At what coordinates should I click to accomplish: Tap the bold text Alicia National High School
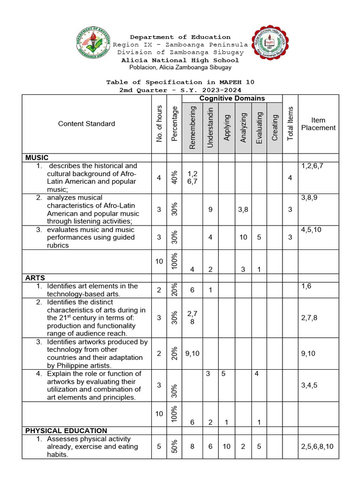pos(180,60)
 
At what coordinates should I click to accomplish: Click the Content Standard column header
pos(86,124)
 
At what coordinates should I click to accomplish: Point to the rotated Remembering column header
pos(192,128)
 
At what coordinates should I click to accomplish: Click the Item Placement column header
pos(318,124)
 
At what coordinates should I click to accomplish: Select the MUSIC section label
pos(37,158)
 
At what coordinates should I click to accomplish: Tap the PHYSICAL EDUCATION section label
pos(66,430)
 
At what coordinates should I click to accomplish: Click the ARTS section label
pos(35,278)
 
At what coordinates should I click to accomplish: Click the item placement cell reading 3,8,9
pos(309,198)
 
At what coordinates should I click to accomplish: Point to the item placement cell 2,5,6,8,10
pos(317,447)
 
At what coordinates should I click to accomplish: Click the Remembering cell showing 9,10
pos(192,353)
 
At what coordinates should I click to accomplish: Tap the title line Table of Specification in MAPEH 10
pos(180,82)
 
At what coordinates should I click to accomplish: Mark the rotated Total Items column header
pos(290,124)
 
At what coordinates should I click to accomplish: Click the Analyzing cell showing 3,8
pos(243,209)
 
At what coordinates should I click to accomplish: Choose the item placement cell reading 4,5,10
pos(311,230)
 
